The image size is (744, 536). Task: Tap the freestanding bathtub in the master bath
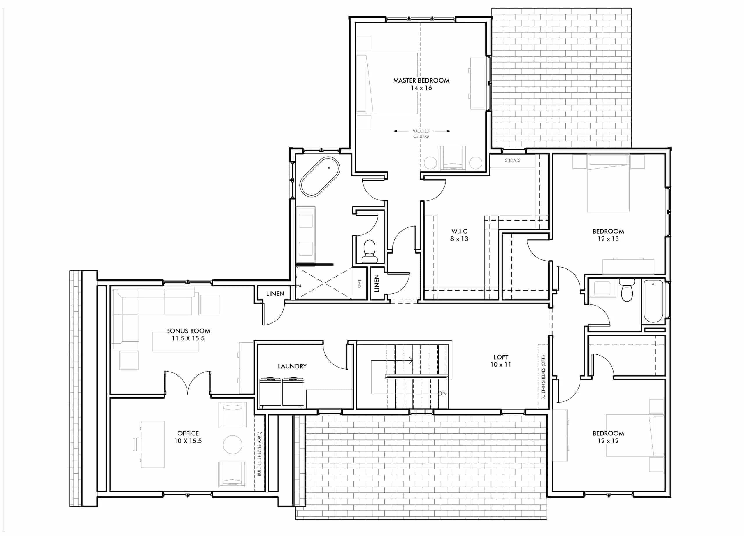click(x=320, y=177)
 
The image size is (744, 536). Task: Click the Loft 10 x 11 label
click(x=500, y=361)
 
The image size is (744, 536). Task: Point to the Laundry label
click(x=292, y=366)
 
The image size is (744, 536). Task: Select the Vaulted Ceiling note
click(x=421, y=133)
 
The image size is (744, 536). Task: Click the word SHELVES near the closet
click(x=512, y=160)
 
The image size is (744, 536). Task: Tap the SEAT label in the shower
click(x=360, y=284)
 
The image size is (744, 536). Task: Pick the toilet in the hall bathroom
click(x=627, y=290)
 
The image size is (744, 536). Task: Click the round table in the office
click(x=232, y=444)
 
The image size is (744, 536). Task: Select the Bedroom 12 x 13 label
click(x=608, y=235)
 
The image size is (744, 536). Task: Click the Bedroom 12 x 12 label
click(x=608, y=437)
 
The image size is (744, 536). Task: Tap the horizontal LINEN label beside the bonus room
click(x=275, y=294)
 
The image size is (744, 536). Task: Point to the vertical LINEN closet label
click(x=377, y=283)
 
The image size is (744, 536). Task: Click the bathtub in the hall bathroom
click(x=653, y=301)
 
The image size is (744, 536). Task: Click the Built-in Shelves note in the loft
click(x=543, y=377)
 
